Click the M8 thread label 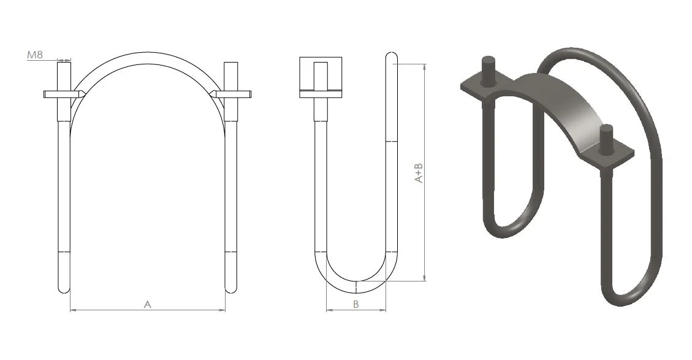[35, 55]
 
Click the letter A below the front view [148, 304]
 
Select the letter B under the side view [356, 304]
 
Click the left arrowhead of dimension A [74, 310]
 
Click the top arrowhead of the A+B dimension [425, 67]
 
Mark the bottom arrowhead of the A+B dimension [425, 277]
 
